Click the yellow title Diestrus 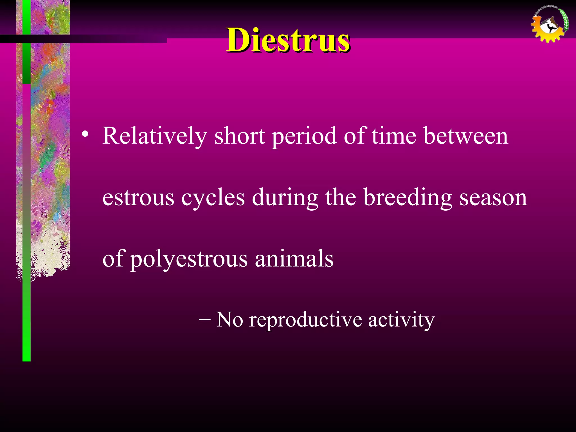[x=288, y=40]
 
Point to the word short [x=240, y=136]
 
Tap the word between [x=466, y=136]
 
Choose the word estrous [x=138, y=197]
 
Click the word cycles [x=213, y=197]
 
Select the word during [x=285, y=197]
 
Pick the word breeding [x=408, y=197]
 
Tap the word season [x=493, y=197]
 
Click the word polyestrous [x=189, y=259]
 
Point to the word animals [x=294, y=259]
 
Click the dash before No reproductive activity [x=204, y=320]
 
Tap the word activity [x=401, y=320]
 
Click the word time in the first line [x=394, y=136]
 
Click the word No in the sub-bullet [x=229, y=320]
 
